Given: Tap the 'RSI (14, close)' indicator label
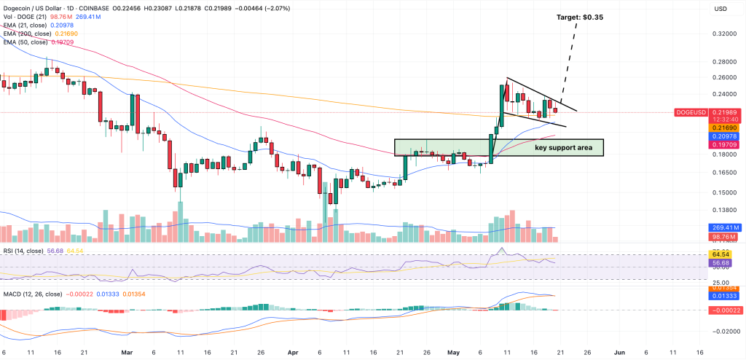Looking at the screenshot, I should [22, 250].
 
